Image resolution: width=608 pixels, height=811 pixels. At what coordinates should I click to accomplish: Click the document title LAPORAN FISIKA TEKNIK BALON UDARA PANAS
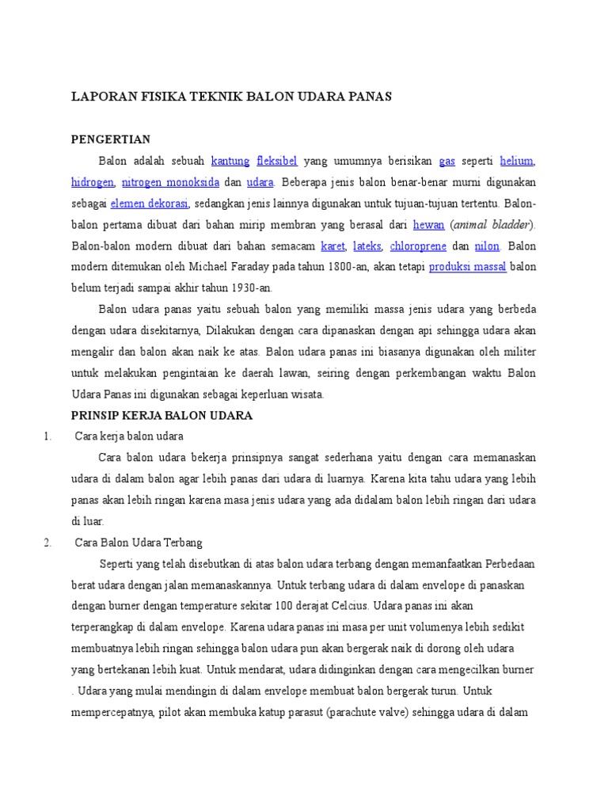232,96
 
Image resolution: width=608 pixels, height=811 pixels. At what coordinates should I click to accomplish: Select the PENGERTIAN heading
111,139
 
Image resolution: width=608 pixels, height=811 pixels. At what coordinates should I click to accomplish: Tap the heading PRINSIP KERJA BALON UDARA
161,415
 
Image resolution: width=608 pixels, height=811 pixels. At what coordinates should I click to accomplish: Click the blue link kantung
230,161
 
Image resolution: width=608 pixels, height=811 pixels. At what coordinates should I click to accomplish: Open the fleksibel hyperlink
276,161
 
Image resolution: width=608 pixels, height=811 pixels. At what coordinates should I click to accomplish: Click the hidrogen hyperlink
92,182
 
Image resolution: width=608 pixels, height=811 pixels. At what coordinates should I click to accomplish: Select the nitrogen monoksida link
170,182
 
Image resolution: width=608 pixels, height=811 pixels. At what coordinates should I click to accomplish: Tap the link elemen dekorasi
150,204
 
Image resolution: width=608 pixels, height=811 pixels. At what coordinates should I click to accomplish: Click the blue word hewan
429,225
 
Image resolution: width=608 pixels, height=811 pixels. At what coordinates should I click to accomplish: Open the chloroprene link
418,246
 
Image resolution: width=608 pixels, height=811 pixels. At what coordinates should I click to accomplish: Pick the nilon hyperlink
487,246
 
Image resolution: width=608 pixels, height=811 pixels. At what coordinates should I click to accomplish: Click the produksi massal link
468,267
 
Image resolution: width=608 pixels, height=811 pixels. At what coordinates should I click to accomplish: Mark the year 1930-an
249,288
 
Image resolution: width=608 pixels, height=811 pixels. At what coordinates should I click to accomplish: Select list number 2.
48,543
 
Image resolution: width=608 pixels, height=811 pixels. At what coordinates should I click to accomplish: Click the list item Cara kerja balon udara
129,436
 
